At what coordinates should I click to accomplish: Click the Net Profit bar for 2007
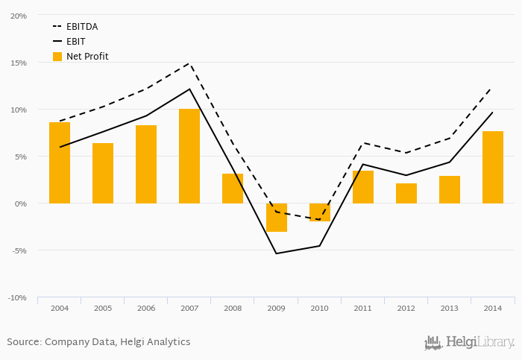point(189,156)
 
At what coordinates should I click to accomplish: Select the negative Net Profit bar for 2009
point(276,217)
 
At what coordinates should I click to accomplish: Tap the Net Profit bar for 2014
point(493,167)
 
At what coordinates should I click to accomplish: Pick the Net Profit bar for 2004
point(60,162)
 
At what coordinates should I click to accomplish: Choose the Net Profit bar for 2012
point(406,193)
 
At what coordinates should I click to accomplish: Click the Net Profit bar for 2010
point(319,212)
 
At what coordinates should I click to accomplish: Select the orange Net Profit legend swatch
point(57,57)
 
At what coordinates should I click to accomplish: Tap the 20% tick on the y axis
point(18,16)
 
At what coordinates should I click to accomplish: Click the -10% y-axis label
point(16,297)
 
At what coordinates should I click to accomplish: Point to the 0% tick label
point(20,203)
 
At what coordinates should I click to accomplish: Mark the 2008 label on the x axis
point(233,308)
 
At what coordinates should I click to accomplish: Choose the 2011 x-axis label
point(362,308)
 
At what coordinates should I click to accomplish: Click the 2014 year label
point(493,308)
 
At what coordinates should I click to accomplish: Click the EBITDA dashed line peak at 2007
point(189,63)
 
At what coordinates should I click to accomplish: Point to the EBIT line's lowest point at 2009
point(276,253)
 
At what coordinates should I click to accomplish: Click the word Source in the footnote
point(23,342)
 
